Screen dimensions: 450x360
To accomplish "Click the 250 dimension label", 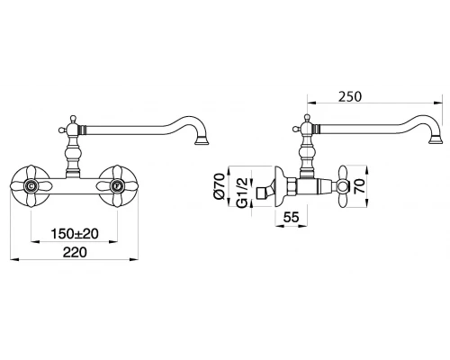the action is point(350,97).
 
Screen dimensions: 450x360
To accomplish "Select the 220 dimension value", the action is point(75,252).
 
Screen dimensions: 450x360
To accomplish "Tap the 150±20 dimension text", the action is point(75,234).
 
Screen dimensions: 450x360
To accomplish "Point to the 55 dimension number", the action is point(291,217).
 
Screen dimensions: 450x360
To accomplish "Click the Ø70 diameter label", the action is point(220,186).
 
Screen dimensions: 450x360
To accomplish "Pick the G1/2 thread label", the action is point(241,193).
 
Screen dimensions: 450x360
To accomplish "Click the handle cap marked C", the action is point(31,186).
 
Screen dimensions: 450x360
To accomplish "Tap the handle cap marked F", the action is point(117,186).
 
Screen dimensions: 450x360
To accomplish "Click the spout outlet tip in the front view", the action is point(202,140).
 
